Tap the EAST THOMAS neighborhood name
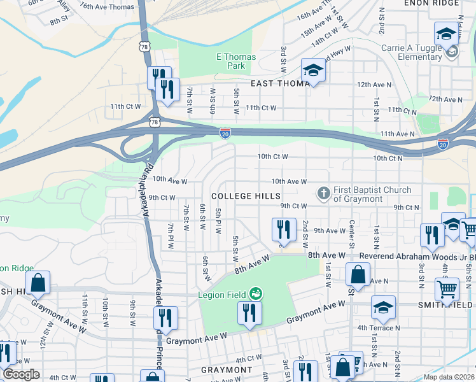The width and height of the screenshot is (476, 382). tap(280, 83)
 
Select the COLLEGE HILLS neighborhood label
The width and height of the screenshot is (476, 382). tap(240, 195)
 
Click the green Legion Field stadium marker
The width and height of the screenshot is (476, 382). tap(256, 294)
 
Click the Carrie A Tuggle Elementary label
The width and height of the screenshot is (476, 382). tap(411, 52)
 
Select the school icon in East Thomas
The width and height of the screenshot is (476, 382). tap(313, 70)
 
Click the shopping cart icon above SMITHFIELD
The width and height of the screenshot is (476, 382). tap(447, 289)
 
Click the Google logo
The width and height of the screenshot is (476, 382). tap(21, 374)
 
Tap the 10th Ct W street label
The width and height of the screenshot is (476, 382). tap(272, 157)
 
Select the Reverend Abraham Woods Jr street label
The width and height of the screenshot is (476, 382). tap(417, 255)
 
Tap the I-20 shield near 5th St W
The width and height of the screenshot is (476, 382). tap(225, 132)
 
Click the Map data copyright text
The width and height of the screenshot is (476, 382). tap(449, 377)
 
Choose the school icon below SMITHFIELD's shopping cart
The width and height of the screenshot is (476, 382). tap(384, 308)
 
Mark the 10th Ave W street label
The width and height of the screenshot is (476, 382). tap(289, 182)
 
